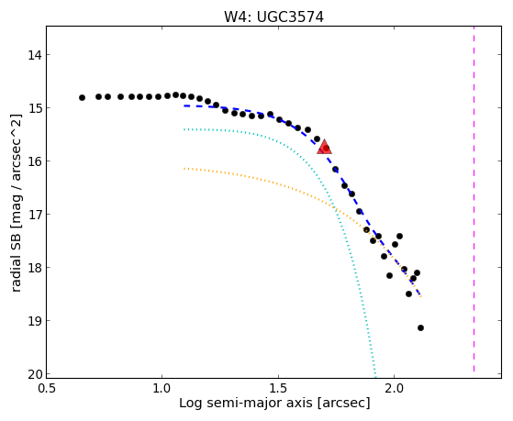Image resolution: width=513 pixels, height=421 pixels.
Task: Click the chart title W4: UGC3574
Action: (273, 17)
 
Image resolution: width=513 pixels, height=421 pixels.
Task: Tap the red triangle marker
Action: (324, 147)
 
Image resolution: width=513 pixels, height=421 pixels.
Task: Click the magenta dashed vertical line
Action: (474, 200)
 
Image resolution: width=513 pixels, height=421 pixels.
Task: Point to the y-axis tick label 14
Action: (34, 55)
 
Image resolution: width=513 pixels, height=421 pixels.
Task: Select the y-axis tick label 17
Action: (34, 215)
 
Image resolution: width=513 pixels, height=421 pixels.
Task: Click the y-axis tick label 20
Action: (34, 374)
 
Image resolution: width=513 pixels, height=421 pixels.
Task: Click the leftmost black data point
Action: (82, 97)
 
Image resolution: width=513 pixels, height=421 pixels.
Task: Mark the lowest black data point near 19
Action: (420, 327)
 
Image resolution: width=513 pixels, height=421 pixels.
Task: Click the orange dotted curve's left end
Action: (184, 169)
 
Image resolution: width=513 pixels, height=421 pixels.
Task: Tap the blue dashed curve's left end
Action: (184, 105)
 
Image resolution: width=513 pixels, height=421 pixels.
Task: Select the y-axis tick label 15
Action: (34, 108)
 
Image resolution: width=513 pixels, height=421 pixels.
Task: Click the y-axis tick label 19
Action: (34, 321)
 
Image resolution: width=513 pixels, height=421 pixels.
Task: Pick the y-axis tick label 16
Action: (34, 161)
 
